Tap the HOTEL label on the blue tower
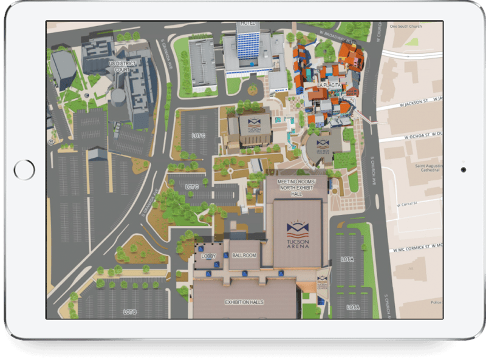[248, 23]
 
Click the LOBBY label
[208, 256]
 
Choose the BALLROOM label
[244, 256]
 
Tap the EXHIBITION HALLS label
[244, 302]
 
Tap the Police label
[433, 301]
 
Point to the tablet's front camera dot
[463, 169]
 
